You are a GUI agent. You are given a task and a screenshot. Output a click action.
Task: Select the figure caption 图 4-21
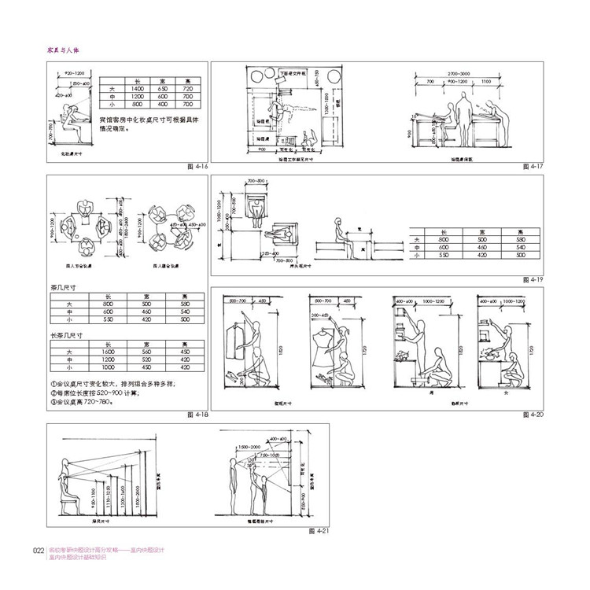(319, 530)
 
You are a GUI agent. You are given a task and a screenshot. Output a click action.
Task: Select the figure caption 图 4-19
(532, 279)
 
